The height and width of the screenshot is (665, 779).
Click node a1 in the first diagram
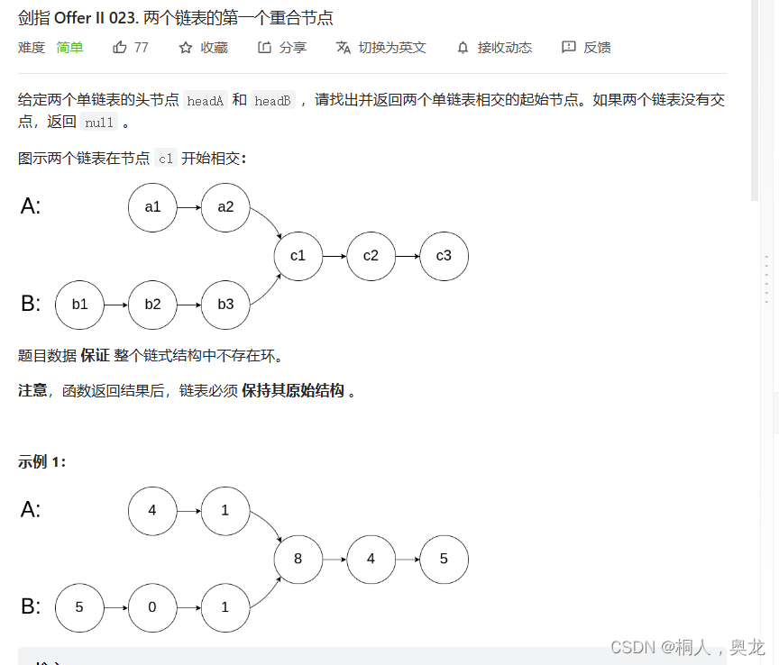tap(152, 207)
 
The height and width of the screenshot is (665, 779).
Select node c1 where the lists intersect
tap(298, 256)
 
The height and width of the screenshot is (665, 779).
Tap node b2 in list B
tap(152, 305)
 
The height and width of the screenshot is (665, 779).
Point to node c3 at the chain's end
tap(444, 256)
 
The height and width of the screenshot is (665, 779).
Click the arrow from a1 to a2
tap(188, 207)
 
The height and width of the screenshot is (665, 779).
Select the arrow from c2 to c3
tap(407, 256)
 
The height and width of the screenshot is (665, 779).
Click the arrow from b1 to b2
tap(115, 305)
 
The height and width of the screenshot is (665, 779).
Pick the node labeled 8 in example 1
tap(298, 559)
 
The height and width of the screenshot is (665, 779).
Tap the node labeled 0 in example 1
tap(152, 607)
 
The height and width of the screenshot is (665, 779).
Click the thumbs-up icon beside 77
tap(120, 48)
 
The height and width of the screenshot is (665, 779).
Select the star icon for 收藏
tap(186, 48)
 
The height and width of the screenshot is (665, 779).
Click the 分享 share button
tap(282, 48)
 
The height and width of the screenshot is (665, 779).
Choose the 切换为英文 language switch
tap(381, 48)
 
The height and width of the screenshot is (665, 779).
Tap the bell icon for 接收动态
tap(463, 48)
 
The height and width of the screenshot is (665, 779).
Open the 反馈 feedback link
tap(586, 48)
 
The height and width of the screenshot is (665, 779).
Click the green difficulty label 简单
tap(69, 48)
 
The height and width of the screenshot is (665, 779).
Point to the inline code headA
tap(205, 101)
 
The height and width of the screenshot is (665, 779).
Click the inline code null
tap(99, 123)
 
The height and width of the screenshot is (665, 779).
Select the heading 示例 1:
tap(41, 462)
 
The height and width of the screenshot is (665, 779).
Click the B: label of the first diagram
tap(31, 305)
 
